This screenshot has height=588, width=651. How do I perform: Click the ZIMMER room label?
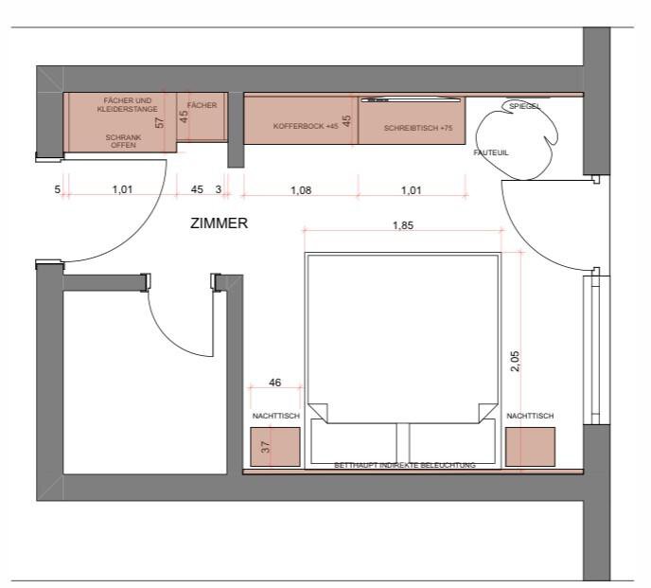(x=219, y=223)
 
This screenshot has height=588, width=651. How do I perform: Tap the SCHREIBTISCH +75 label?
(x=418, y=128)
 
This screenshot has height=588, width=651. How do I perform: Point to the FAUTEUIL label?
(x=491, y=152)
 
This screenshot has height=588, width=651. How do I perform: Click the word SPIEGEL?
(x=524, y=106)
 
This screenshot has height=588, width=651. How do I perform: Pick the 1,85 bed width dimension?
(x=403, y=225)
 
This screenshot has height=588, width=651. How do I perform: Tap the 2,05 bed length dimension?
(x=515, y=361)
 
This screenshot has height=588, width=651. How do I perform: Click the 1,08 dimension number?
(x=301, y=190)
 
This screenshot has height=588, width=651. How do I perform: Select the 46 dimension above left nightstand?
(x=274, y=383)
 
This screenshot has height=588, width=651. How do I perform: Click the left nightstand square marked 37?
(x=274, y=447)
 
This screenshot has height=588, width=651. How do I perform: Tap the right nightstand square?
(x=530, y=447)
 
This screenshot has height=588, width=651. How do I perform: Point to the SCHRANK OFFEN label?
(x=123, y=141)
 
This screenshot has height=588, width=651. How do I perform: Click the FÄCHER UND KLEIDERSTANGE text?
(x=128, y=105)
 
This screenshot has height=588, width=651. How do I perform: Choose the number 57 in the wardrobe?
(x=159, y=122)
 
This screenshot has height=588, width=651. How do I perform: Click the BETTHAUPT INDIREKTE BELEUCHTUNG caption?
(x=405, y=466)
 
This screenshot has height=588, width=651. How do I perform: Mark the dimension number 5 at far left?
(x=58, y=189)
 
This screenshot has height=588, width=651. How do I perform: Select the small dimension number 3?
(x=219, y=189)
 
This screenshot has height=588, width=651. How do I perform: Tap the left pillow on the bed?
(x=353, y=442)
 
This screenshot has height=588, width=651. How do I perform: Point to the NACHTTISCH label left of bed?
(x=275, y=416)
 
